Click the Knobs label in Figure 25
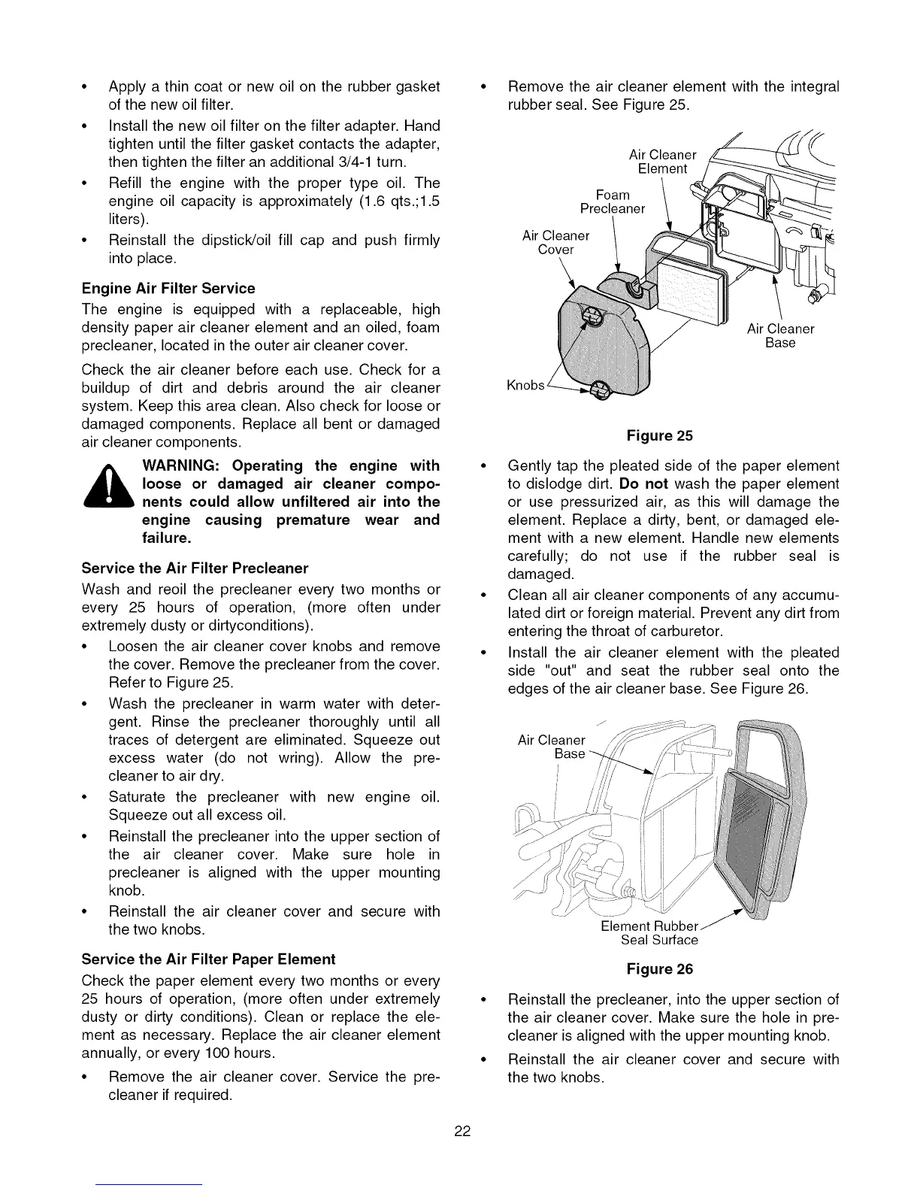(525, 386)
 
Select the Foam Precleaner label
(612, 202)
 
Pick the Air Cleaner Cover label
(555, 242)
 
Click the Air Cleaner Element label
(662, 162)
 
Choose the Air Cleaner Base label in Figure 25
(780, 335)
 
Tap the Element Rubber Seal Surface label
(651, 932)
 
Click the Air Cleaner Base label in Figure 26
(552, 747)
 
